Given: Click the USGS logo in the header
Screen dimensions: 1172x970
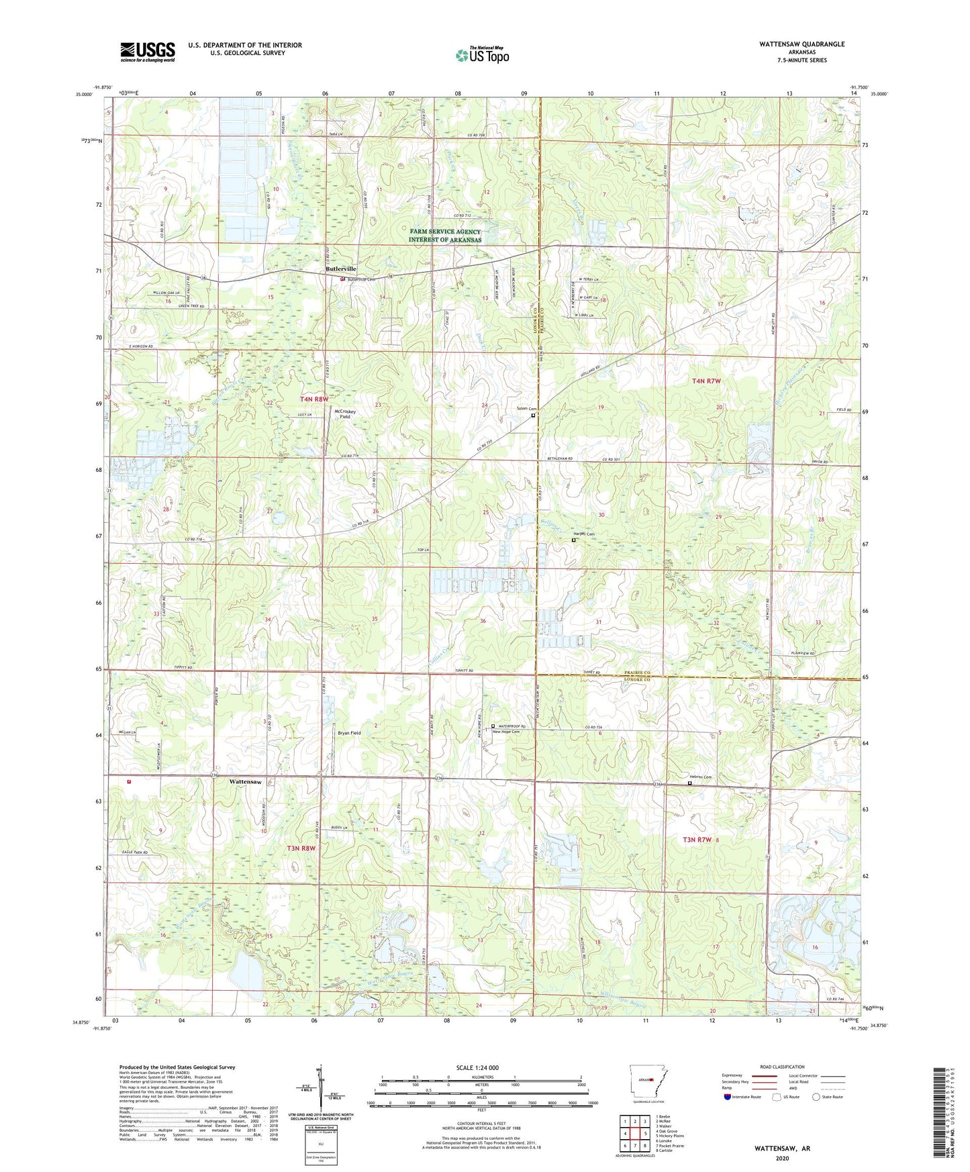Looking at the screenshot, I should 147,52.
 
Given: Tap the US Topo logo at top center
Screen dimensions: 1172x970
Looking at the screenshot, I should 481,55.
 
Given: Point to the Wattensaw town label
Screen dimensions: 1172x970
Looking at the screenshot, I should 250,782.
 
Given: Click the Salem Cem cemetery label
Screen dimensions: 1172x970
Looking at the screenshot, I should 527,409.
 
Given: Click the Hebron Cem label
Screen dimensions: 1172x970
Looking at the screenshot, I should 699,777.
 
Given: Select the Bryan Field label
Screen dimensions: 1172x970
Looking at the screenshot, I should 348,733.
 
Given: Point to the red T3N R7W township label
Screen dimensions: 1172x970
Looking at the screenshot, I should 697,840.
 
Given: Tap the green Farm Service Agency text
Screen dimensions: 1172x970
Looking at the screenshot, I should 445,236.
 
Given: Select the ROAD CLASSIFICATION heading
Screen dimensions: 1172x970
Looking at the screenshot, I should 783,1067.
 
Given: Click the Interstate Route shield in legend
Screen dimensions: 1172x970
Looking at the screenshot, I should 728,1097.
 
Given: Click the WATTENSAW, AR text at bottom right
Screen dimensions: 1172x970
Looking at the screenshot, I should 782,1149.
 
